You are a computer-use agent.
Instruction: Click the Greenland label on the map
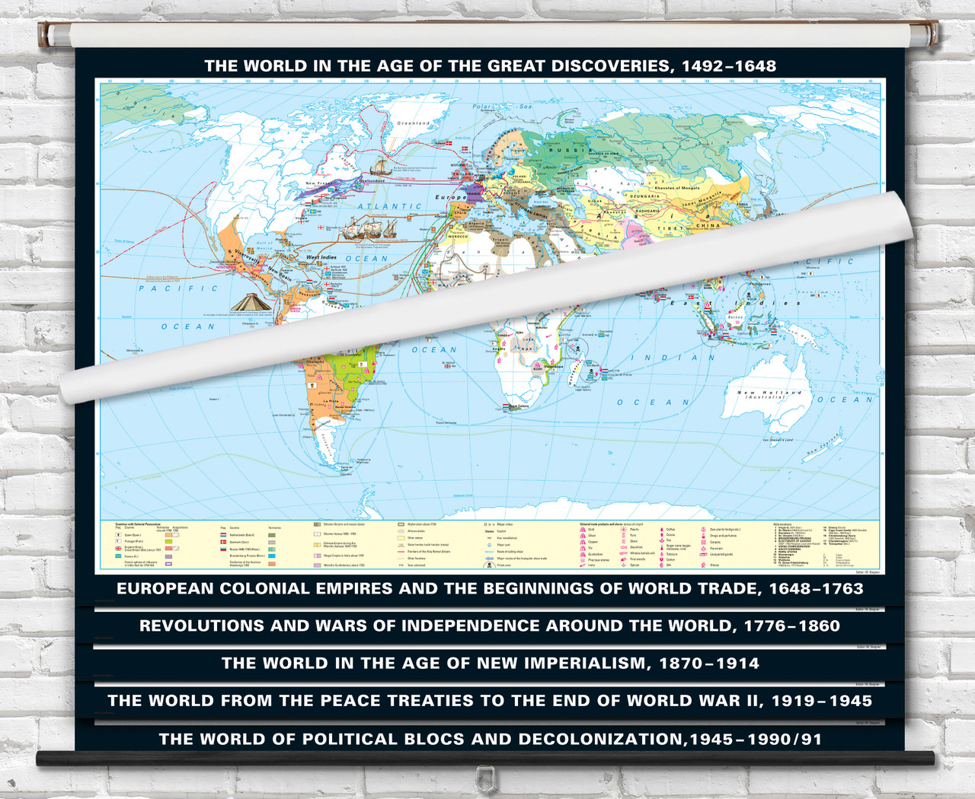414,123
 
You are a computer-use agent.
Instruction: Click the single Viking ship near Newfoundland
379,167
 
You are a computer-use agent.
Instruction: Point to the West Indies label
321,257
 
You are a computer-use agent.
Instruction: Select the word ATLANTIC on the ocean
389,206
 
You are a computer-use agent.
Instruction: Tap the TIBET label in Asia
672,228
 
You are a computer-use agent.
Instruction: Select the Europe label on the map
450,197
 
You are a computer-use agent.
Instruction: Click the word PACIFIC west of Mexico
178,288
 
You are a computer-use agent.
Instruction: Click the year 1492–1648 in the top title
729,66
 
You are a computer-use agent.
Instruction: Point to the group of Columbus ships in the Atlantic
366,228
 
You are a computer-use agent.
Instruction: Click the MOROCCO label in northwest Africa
458,236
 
